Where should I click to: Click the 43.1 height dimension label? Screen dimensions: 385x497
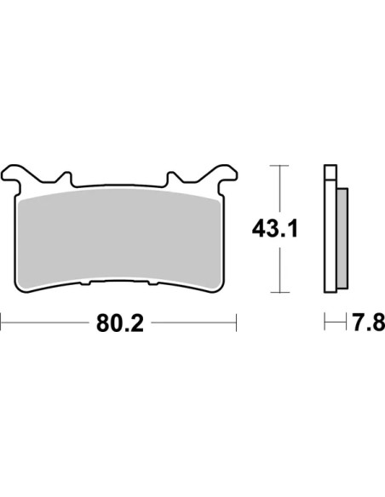pyautogui.click(x=275, y=229)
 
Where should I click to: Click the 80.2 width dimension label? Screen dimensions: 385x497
pyautogui.click(x=120, y=323)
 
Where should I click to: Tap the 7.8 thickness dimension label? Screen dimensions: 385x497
pyautogui.click(x=369, y=323)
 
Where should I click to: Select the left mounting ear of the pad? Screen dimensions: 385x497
pyautogui.click(x=13, y=175)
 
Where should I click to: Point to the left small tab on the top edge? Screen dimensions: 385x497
pyautogui.click(x=66, y=178)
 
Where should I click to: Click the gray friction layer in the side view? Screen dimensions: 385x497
pyautogui.click(x=342, y=238)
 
